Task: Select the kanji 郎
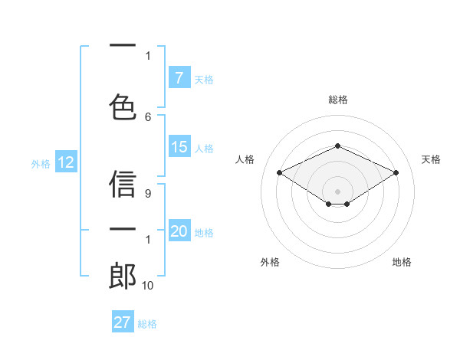pos(123,276)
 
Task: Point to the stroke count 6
pos(148,117)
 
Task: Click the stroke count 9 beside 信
pos(148,195)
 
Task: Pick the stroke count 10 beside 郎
pos(148,286)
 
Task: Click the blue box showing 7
pos(179,77)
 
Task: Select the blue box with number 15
pos(179,147)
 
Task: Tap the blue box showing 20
pos(179,232)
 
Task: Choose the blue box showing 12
pos(65,162)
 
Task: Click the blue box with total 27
pos(123,322)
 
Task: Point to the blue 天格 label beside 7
pos(203,79)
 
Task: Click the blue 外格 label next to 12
pos(40,163)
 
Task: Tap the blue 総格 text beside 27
pos(147,323)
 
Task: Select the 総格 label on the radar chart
pos(337,100)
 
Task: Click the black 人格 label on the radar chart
pos(245,159)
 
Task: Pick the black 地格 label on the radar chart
pos(402,262)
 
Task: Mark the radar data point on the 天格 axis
pos(396,172)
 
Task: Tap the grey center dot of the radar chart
pos(337,191)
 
